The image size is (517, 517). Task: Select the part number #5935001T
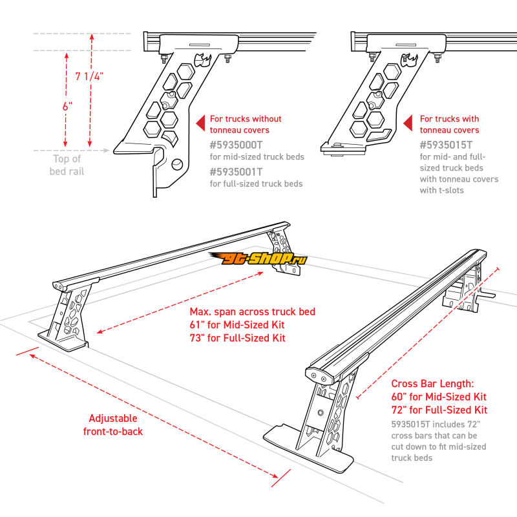pyautogui.click(x=237, y=173)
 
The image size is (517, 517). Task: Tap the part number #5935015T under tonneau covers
pyautogui.click(x=446, y=145)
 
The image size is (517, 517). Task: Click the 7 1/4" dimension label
pyautogui.click(x=89, y=76)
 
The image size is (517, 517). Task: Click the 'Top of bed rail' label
pyautogui.click(x=67, y=165)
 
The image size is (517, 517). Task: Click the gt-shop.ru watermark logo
pyautogui.click(x=258, y=259)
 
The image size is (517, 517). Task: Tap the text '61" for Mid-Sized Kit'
pyautogui.click(x=237, y=325)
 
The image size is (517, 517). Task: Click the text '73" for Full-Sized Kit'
pyautogui.click(x=238, y=338)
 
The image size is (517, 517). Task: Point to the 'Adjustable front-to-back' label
pyautogui.click(x=113, y=425)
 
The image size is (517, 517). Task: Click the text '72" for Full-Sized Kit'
pyautogui.click(x=439, y=410)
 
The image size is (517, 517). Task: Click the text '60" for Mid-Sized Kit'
pyautogui.click(x=439, y=397)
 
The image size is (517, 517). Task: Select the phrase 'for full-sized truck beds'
pyautogui.click(x=256, y=184)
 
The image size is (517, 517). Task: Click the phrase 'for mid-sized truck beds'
pyautogui.click(x=257, y=157)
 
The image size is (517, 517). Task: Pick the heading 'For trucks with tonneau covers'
pyautogui.click(x=450, y=125)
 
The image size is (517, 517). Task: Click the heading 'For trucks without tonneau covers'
pyautogui.click(x=246, y=125)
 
